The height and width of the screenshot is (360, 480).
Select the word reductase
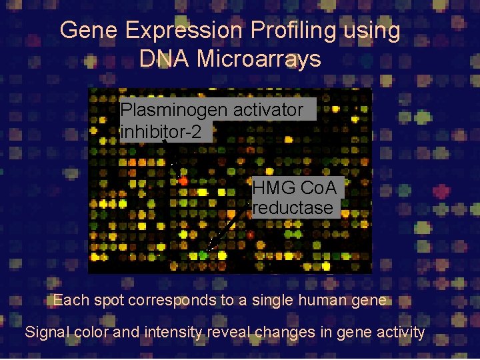(x=293, y=208)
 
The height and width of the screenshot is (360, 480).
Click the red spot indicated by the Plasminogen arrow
(x=183, y=180)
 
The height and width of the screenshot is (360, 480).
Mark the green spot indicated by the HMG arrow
(x=203, y=255)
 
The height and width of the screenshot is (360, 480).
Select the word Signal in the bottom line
(x=45, y=332)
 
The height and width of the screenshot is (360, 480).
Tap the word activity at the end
(x=397, y=332)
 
